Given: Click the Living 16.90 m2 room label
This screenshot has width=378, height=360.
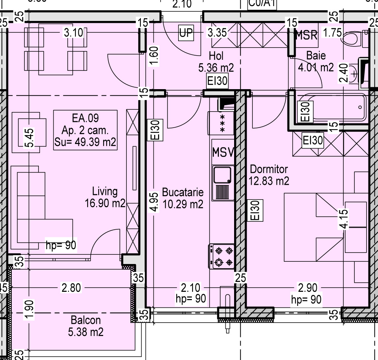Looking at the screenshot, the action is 105,197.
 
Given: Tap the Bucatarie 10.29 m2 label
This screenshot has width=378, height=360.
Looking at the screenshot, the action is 183,198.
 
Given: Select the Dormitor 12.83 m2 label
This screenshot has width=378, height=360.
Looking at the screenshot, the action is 269,175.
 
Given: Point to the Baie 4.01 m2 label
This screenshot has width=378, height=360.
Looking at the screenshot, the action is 316,62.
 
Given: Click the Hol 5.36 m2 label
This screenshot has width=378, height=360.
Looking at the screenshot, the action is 216,62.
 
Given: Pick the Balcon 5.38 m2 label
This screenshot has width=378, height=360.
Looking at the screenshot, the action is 86,326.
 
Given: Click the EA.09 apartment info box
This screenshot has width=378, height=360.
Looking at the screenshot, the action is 85,130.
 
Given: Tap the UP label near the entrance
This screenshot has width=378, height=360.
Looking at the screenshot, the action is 186,33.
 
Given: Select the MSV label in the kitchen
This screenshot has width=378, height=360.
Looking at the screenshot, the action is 223,152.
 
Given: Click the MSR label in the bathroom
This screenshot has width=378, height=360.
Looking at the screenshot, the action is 306,35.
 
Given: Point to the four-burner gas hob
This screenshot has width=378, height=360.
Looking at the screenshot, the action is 222,256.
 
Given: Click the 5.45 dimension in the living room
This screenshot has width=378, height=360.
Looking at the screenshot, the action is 29,138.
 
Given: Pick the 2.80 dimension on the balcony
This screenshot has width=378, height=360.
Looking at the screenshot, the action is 71,288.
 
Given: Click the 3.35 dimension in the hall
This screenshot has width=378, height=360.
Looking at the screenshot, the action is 217,33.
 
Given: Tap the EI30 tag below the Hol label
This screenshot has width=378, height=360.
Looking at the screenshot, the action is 217,81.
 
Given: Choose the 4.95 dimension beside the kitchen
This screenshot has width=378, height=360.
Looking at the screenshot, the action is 154,202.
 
